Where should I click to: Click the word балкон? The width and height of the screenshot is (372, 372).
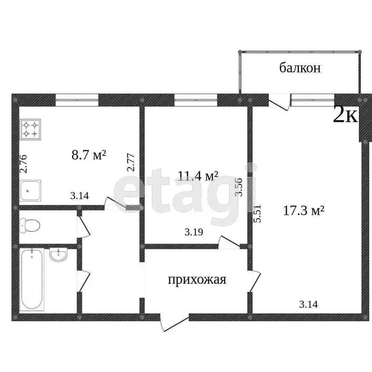click(x=300, y=68)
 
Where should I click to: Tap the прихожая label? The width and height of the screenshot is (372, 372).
click(x=197, y=279)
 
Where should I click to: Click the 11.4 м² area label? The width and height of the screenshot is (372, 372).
click(x=197, y=176)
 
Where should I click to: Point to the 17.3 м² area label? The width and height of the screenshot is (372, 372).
click(x=303, y=211)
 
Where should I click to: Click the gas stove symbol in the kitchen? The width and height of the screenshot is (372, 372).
click(x=31, y=129)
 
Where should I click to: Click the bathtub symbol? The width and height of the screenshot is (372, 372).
click(x=31, y=279)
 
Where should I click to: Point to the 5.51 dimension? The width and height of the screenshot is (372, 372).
click(x=258, y=213)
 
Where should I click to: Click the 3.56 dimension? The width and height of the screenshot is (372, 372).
click(x=238, y=186)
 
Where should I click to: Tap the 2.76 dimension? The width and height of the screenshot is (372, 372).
click(x=23, y=163)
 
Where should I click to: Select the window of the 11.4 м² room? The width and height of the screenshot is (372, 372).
click(x=196, y=100)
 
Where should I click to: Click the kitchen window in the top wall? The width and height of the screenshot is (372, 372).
click(x=77, y=100)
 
